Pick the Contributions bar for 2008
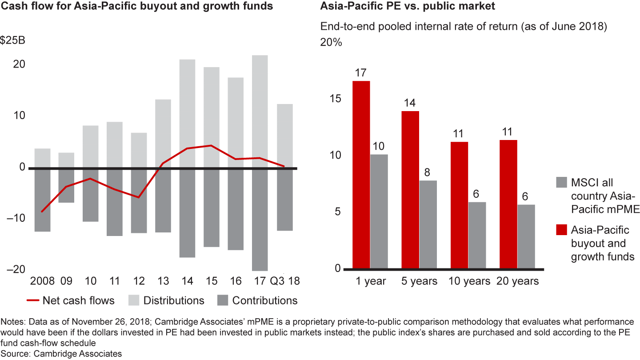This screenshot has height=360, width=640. click(x=42, y=200)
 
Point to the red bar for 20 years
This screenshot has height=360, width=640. click(x=508, y=204)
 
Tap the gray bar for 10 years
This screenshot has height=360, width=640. click(x=477, y=236)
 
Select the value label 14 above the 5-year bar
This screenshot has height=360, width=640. click(x=410, y=103)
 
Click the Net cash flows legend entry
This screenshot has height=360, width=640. click(x=71, y=300)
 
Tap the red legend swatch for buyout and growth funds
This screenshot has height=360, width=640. click(x=561, y=230)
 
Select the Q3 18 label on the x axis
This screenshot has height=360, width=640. click(x=284, y=281)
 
